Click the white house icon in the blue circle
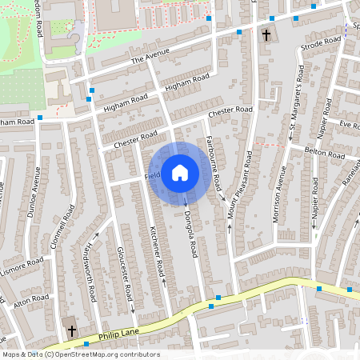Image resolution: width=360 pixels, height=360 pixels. click(180, 172)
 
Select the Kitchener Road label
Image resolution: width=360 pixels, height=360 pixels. click(158, 252)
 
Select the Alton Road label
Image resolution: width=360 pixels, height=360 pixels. click(32, 301)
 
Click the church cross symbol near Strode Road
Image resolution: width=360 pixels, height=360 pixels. click(266, 35)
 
